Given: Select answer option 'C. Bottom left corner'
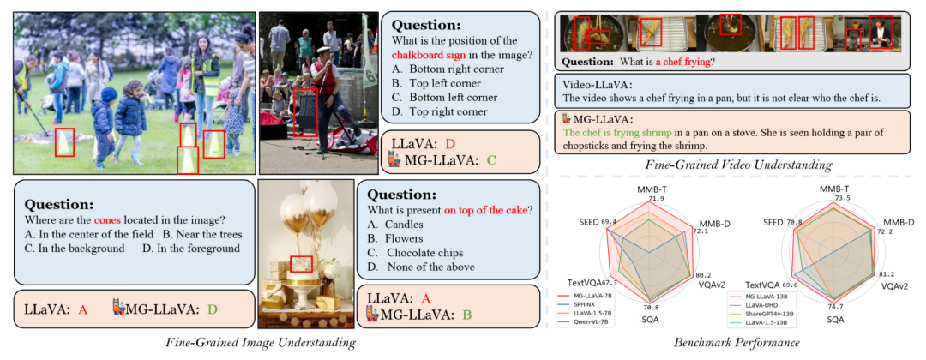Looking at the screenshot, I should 453,97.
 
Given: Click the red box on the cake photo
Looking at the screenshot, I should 301,263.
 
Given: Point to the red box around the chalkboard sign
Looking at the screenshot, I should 304,112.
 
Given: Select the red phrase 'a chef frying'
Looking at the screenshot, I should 686,62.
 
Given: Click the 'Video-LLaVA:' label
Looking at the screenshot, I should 598,84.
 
